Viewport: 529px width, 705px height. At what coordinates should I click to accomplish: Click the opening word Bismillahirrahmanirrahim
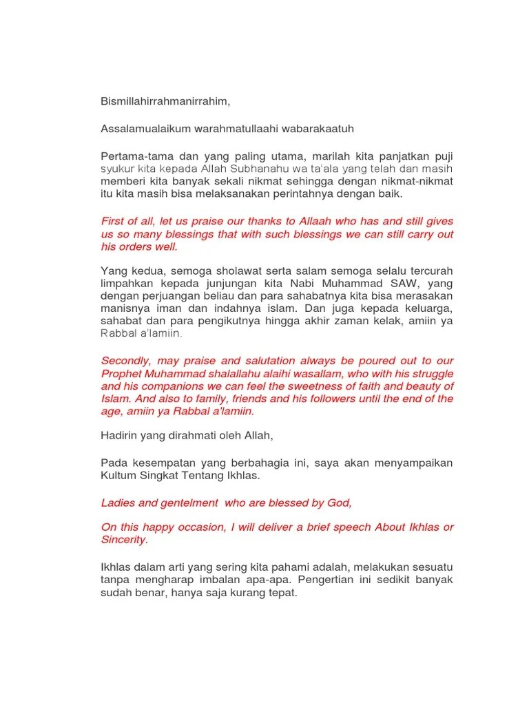165,102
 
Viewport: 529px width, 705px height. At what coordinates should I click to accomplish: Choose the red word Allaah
319,221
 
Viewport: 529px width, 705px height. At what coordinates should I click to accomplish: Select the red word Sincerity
123,540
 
